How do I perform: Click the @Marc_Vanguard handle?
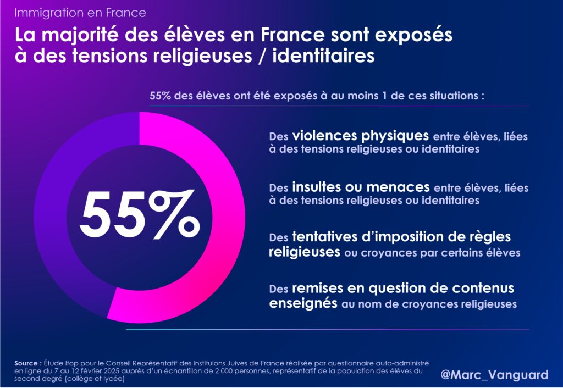[494, 375]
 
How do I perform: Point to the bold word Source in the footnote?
[27, 364]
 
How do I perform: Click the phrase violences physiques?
[360, 135]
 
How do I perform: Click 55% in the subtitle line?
[161, 95]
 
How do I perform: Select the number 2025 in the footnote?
[119, 372]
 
